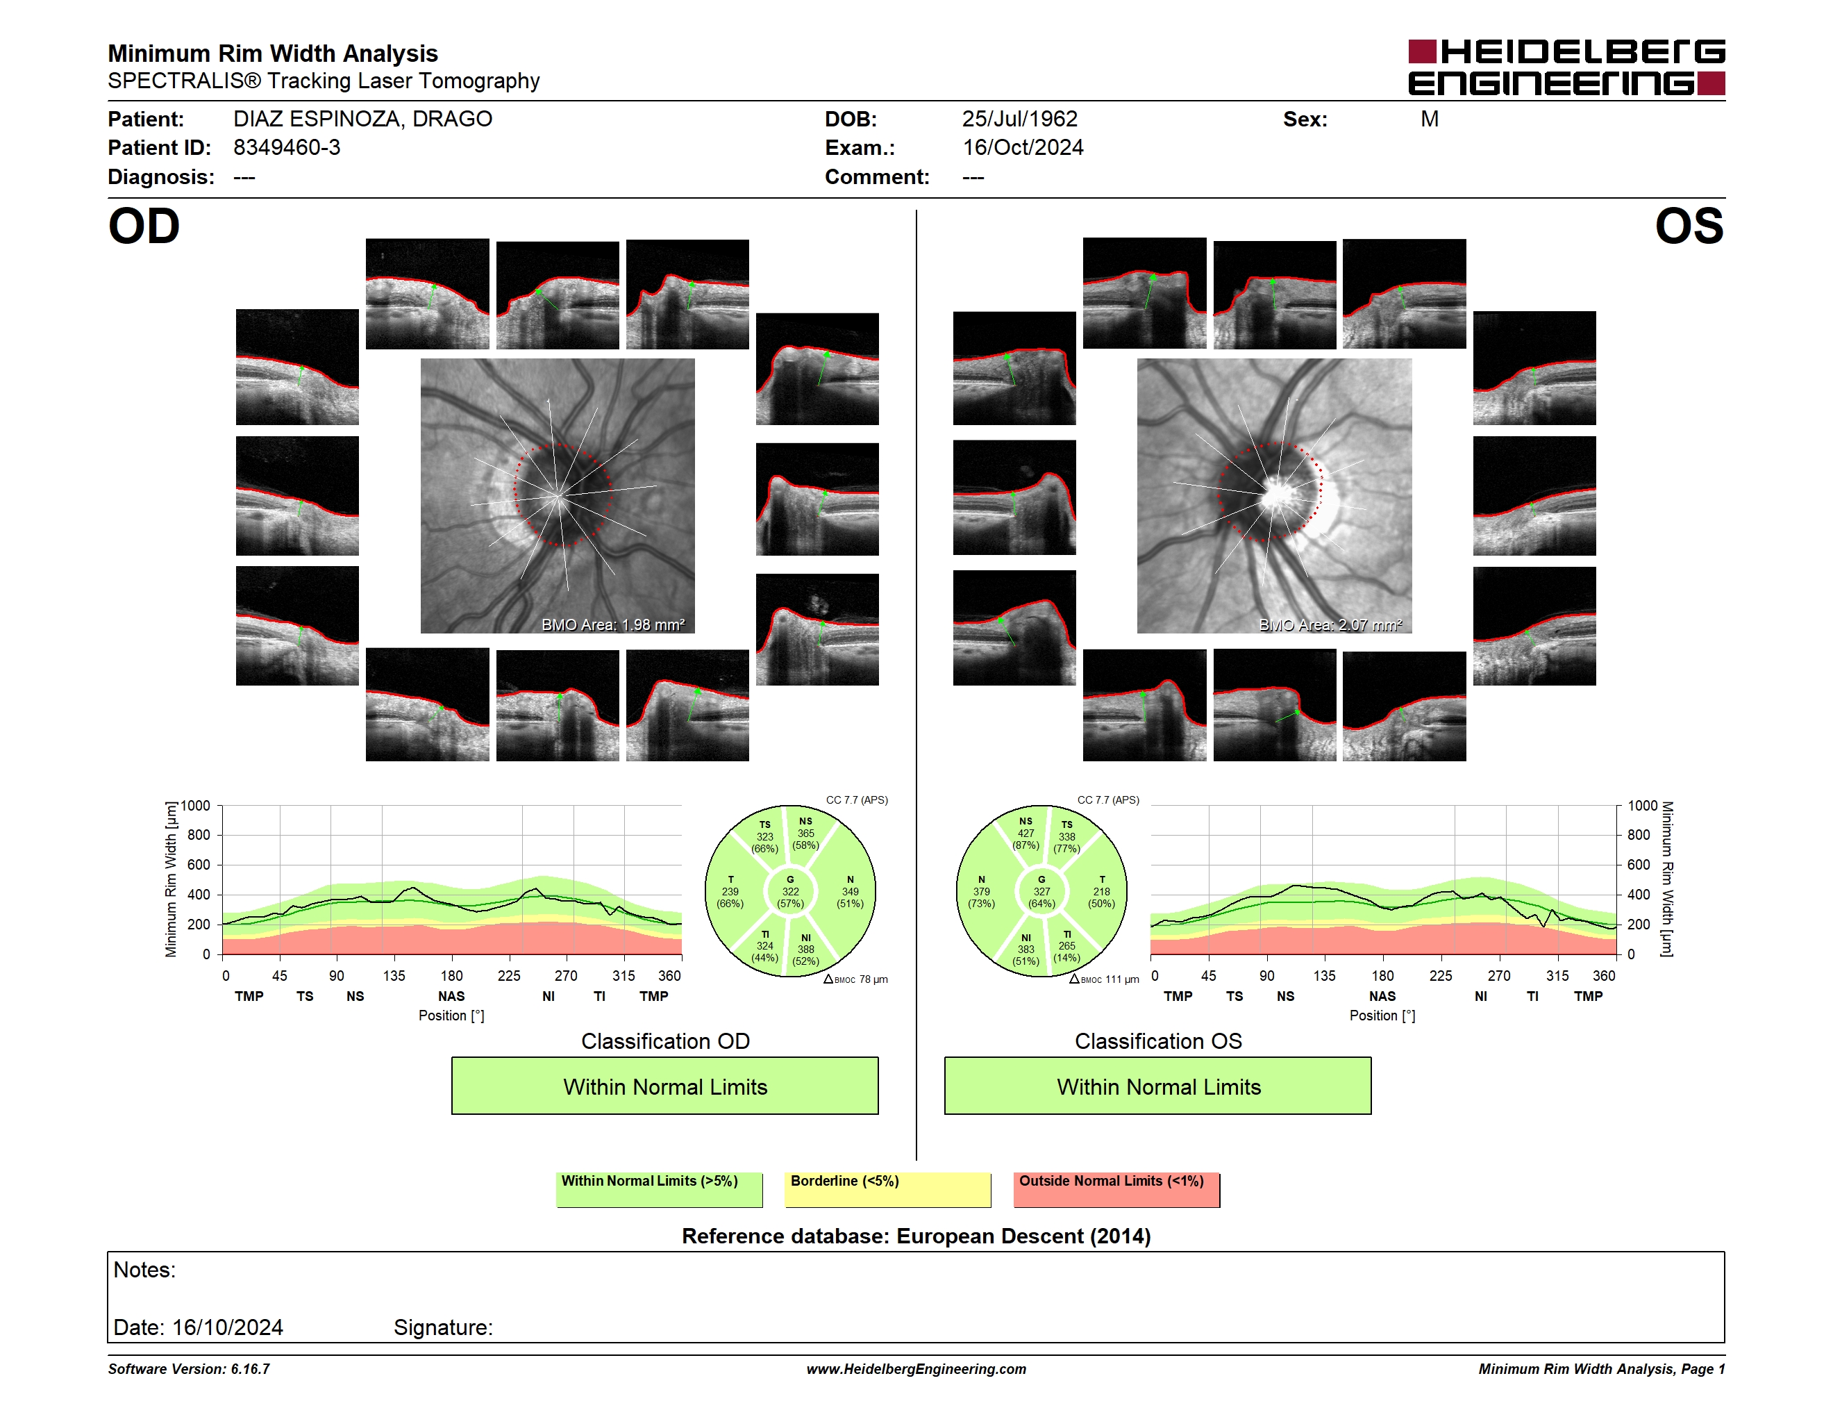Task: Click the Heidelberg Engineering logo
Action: click(x=1566, y=67)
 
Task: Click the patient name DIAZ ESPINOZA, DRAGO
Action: click(x=362, y=119)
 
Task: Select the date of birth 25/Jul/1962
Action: click(x=1020, y=119)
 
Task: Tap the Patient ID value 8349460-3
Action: click(x=287, y=148)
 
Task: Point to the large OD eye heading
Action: click(x=144, y=226)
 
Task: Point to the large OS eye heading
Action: click(x=1689, y=226)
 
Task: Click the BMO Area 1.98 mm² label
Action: click(x=612, y=624)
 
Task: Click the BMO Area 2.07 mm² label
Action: click(x=1330, y=624)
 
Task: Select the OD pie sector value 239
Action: click(x=730, y=891)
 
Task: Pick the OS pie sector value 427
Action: click(x=1026, y=834)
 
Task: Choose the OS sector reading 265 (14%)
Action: click(x=1066, y=952)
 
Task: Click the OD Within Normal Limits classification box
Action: click(x=664, y=1086)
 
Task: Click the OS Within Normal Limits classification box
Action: click(x=1158, y=1086)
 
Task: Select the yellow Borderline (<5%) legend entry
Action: click(x=888, y=1189)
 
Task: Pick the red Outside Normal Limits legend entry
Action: click(x=1117, y=1189)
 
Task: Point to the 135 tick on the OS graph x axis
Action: click(x=1324, y=975)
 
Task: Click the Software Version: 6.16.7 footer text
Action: click(x=189, y=1369)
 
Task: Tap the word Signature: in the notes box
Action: click(x=443, y=1327)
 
